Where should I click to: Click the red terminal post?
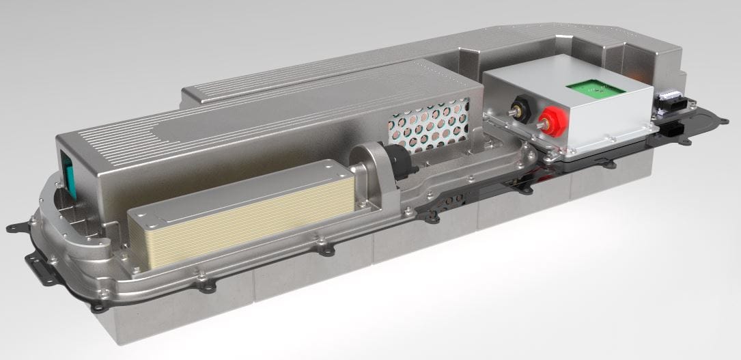point(547,123)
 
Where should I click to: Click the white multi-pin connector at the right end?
point(665,103)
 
